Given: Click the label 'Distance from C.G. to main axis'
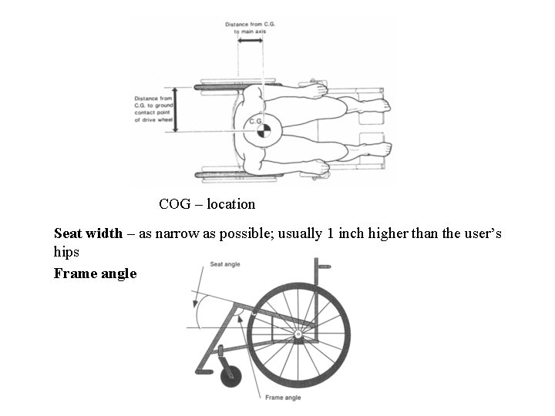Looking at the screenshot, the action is click(251, 28).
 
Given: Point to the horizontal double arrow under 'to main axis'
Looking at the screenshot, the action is click(251, 41).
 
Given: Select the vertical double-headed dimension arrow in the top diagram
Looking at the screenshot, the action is click(177, 109).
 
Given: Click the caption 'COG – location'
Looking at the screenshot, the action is click(207, 204).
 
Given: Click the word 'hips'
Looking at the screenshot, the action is click(66, 252).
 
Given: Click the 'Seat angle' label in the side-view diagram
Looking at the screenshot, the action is click(225, 264).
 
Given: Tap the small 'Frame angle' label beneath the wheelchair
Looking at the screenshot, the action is click(283, 398).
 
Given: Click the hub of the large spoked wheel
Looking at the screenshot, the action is click(298, 334).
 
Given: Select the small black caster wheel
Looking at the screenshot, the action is click(231, 377).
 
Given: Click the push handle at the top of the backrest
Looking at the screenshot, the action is click(324, 267).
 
